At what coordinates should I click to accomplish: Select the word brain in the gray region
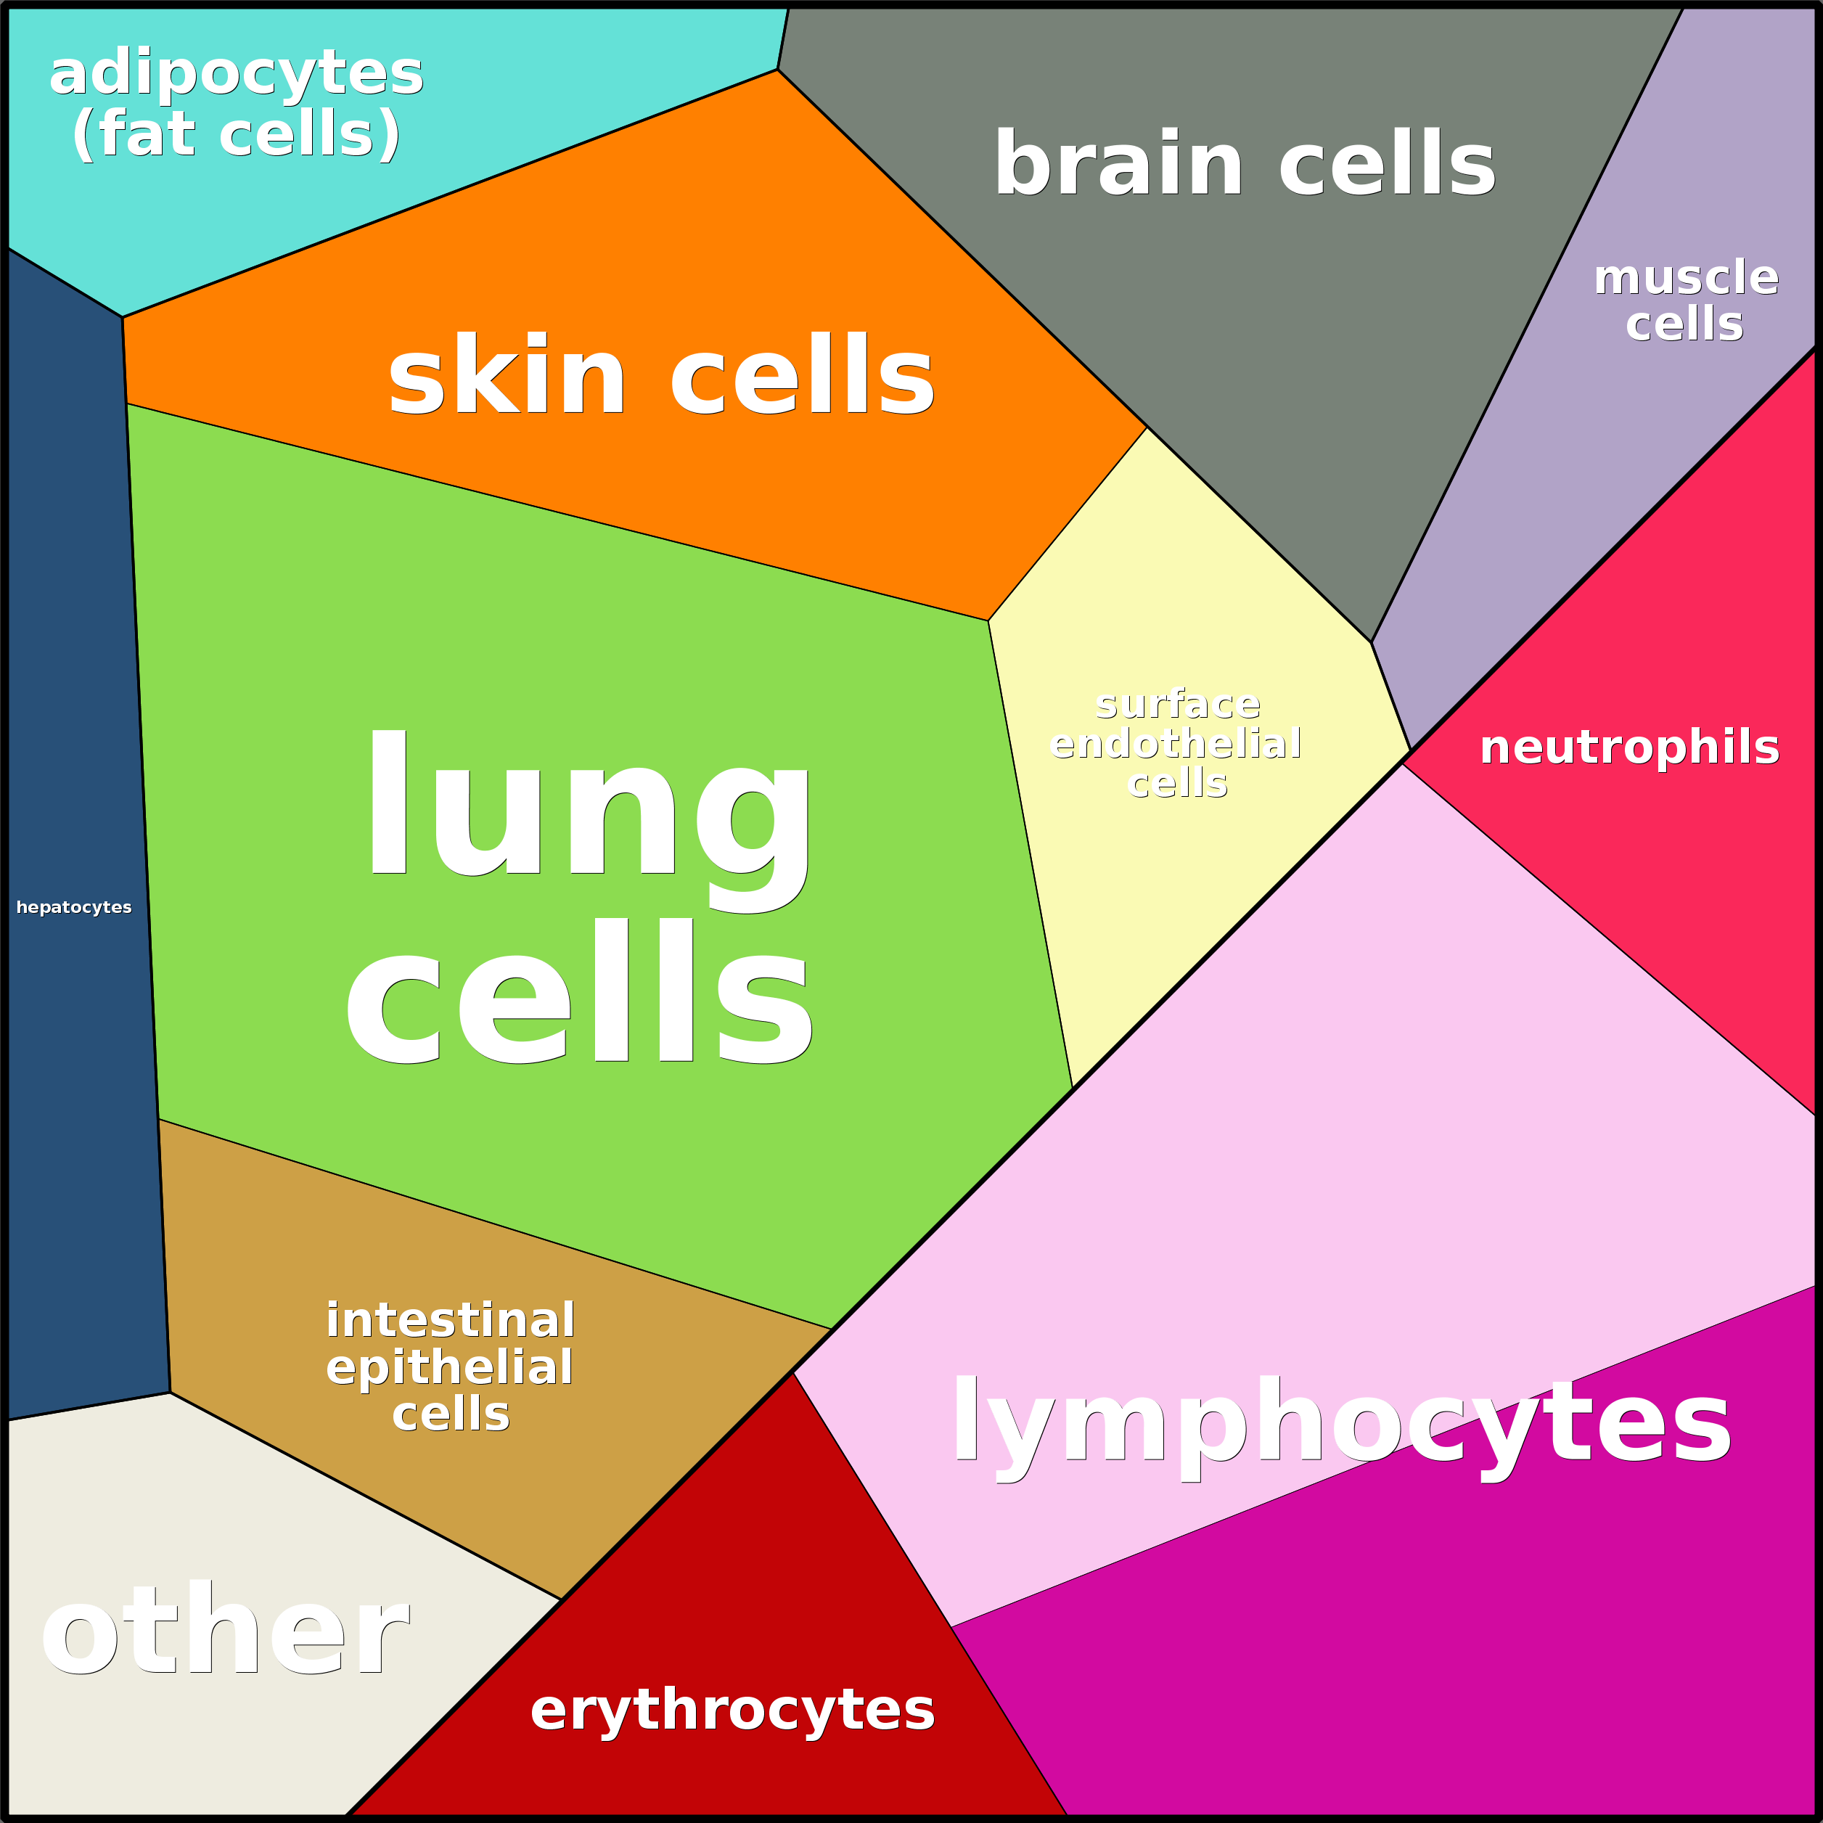1119,163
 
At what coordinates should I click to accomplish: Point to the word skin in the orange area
507,374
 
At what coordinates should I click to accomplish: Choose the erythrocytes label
732,1709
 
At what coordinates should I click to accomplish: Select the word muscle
1686,277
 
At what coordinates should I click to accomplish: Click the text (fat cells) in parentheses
236,133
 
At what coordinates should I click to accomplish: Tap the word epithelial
449,1367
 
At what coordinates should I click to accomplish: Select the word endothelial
1176,744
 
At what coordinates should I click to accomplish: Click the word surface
1178,704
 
